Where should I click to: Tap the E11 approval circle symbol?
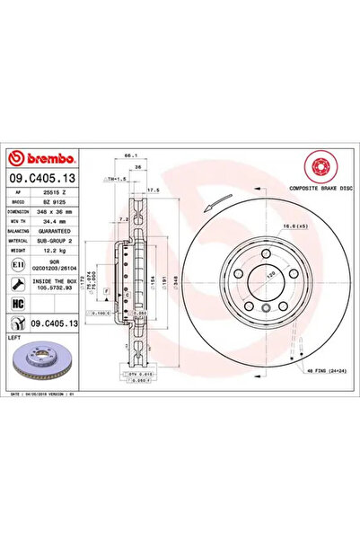(18, 267)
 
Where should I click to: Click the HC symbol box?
(18, 305)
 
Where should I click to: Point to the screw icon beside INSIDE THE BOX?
(18, 285)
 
